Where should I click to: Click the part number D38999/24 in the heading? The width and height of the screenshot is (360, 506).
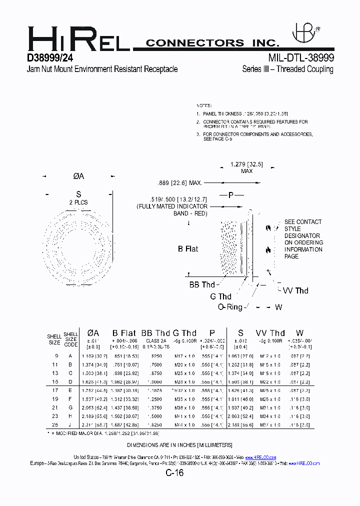[x=53, y=58]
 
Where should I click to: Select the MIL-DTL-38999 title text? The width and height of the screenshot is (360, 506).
[x=300, y=58]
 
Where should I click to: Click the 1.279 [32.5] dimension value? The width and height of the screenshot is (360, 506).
[x=246, y=164]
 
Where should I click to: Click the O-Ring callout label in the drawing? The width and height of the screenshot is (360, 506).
[x=230, y=307]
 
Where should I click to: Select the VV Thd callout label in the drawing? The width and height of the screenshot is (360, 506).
[x=295, y=291]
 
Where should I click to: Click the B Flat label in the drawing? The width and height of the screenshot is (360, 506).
[x=188, y=249]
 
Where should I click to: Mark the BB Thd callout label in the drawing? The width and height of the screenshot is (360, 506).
[x=202, y=285]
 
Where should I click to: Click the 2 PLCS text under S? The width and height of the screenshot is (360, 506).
[x=78, y=202]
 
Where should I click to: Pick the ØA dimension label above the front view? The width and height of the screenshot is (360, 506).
[x=78, y=176]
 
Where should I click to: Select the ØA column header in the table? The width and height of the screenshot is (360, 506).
[x=93, y=333]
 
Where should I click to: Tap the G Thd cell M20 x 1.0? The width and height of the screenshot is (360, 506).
[x=184, y=364]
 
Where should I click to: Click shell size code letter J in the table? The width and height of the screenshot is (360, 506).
[x=70, y=424]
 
